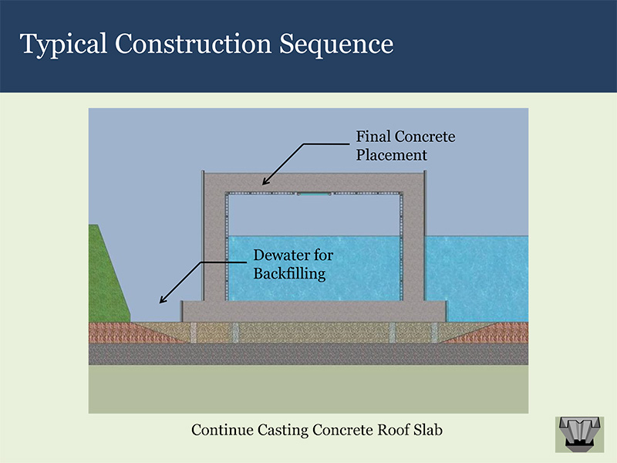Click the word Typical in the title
[62, 45]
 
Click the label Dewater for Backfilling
[293, 264]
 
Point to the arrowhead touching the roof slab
[265, 182]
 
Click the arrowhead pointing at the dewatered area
[161, 299]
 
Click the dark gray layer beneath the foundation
[308, 354]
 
